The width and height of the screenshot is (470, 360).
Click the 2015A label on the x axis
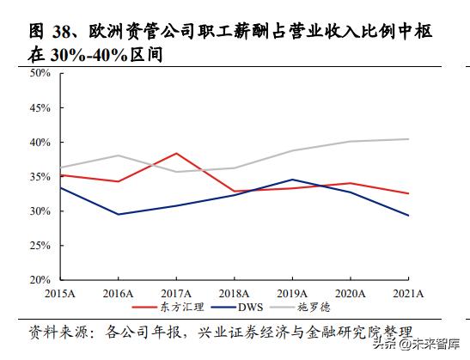pos(59,293)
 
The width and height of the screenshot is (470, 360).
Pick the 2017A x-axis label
pos(174,293)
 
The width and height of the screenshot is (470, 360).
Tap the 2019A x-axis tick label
pos(291,293)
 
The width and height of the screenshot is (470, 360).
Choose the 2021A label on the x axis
pos(407,293)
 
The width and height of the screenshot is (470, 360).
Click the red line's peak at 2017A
pos(175,153)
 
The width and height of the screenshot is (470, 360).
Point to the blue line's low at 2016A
pos(117,214)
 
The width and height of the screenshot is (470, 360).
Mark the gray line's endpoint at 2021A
pos(408,139)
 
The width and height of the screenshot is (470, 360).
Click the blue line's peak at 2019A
pos(292,180)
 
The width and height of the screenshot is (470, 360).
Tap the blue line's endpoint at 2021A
pos(408,216)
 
